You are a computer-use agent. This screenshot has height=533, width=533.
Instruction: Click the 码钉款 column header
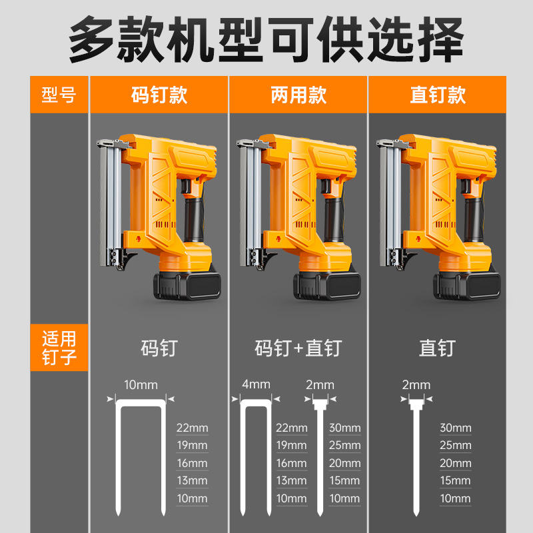[x=159, y=95]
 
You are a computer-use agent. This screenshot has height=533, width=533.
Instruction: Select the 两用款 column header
[x=298, y=95]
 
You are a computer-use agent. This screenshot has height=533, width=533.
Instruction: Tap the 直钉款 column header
[x=438, y=95]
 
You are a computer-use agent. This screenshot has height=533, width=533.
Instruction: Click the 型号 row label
[x=59, y=95]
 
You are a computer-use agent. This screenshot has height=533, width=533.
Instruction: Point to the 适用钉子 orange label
[x=59, y=348]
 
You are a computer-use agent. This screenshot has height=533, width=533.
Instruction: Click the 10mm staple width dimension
[x=141, y=384]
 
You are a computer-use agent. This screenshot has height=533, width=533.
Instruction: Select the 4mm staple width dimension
[x=256, y=384]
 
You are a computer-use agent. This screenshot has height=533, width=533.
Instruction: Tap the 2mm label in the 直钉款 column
[x=416, y=384]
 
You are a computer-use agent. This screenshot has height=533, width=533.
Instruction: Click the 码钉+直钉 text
[x=298, y=348]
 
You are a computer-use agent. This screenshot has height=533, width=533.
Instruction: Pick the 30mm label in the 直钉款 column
[x=456, y=428]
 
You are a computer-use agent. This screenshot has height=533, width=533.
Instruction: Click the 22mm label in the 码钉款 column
[x=192, y=428]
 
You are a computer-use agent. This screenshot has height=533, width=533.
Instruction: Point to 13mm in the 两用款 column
[x=291, y=480]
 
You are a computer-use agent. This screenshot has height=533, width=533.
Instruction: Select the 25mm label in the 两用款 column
[x=344, y=445]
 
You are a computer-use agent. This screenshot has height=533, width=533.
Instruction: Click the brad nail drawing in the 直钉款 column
[x=418, y=460]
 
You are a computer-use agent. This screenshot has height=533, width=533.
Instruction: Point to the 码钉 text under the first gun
[x=159, y=348]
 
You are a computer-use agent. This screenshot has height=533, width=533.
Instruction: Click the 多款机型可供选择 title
[x=266, y=39]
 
